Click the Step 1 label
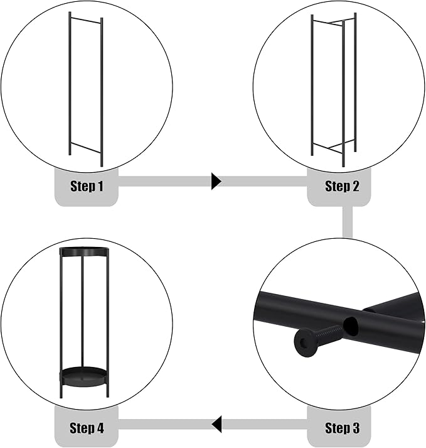tap(87, 186)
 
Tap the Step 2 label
tap(342, 186)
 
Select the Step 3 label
tap(342, 428)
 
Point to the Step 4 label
tap(87, 428)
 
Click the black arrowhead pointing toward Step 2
tap(216, 181)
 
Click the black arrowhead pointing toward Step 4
tap(216, 424)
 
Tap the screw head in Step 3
tap(305, 342)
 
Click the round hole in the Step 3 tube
tap(351, 326)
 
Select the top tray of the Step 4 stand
tap(84, 252)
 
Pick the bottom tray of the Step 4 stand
tap(84, 377)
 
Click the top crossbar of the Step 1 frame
tap(85, 20)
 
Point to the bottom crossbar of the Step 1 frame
tap(85, 147)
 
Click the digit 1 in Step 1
tap(100, 186)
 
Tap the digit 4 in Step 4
tap(100, 428)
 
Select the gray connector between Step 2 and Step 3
tap(348, 222)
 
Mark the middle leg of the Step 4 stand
tap(82, 312)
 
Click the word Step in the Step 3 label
tap(337, 428)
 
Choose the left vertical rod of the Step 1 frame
tap(70, 84)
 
